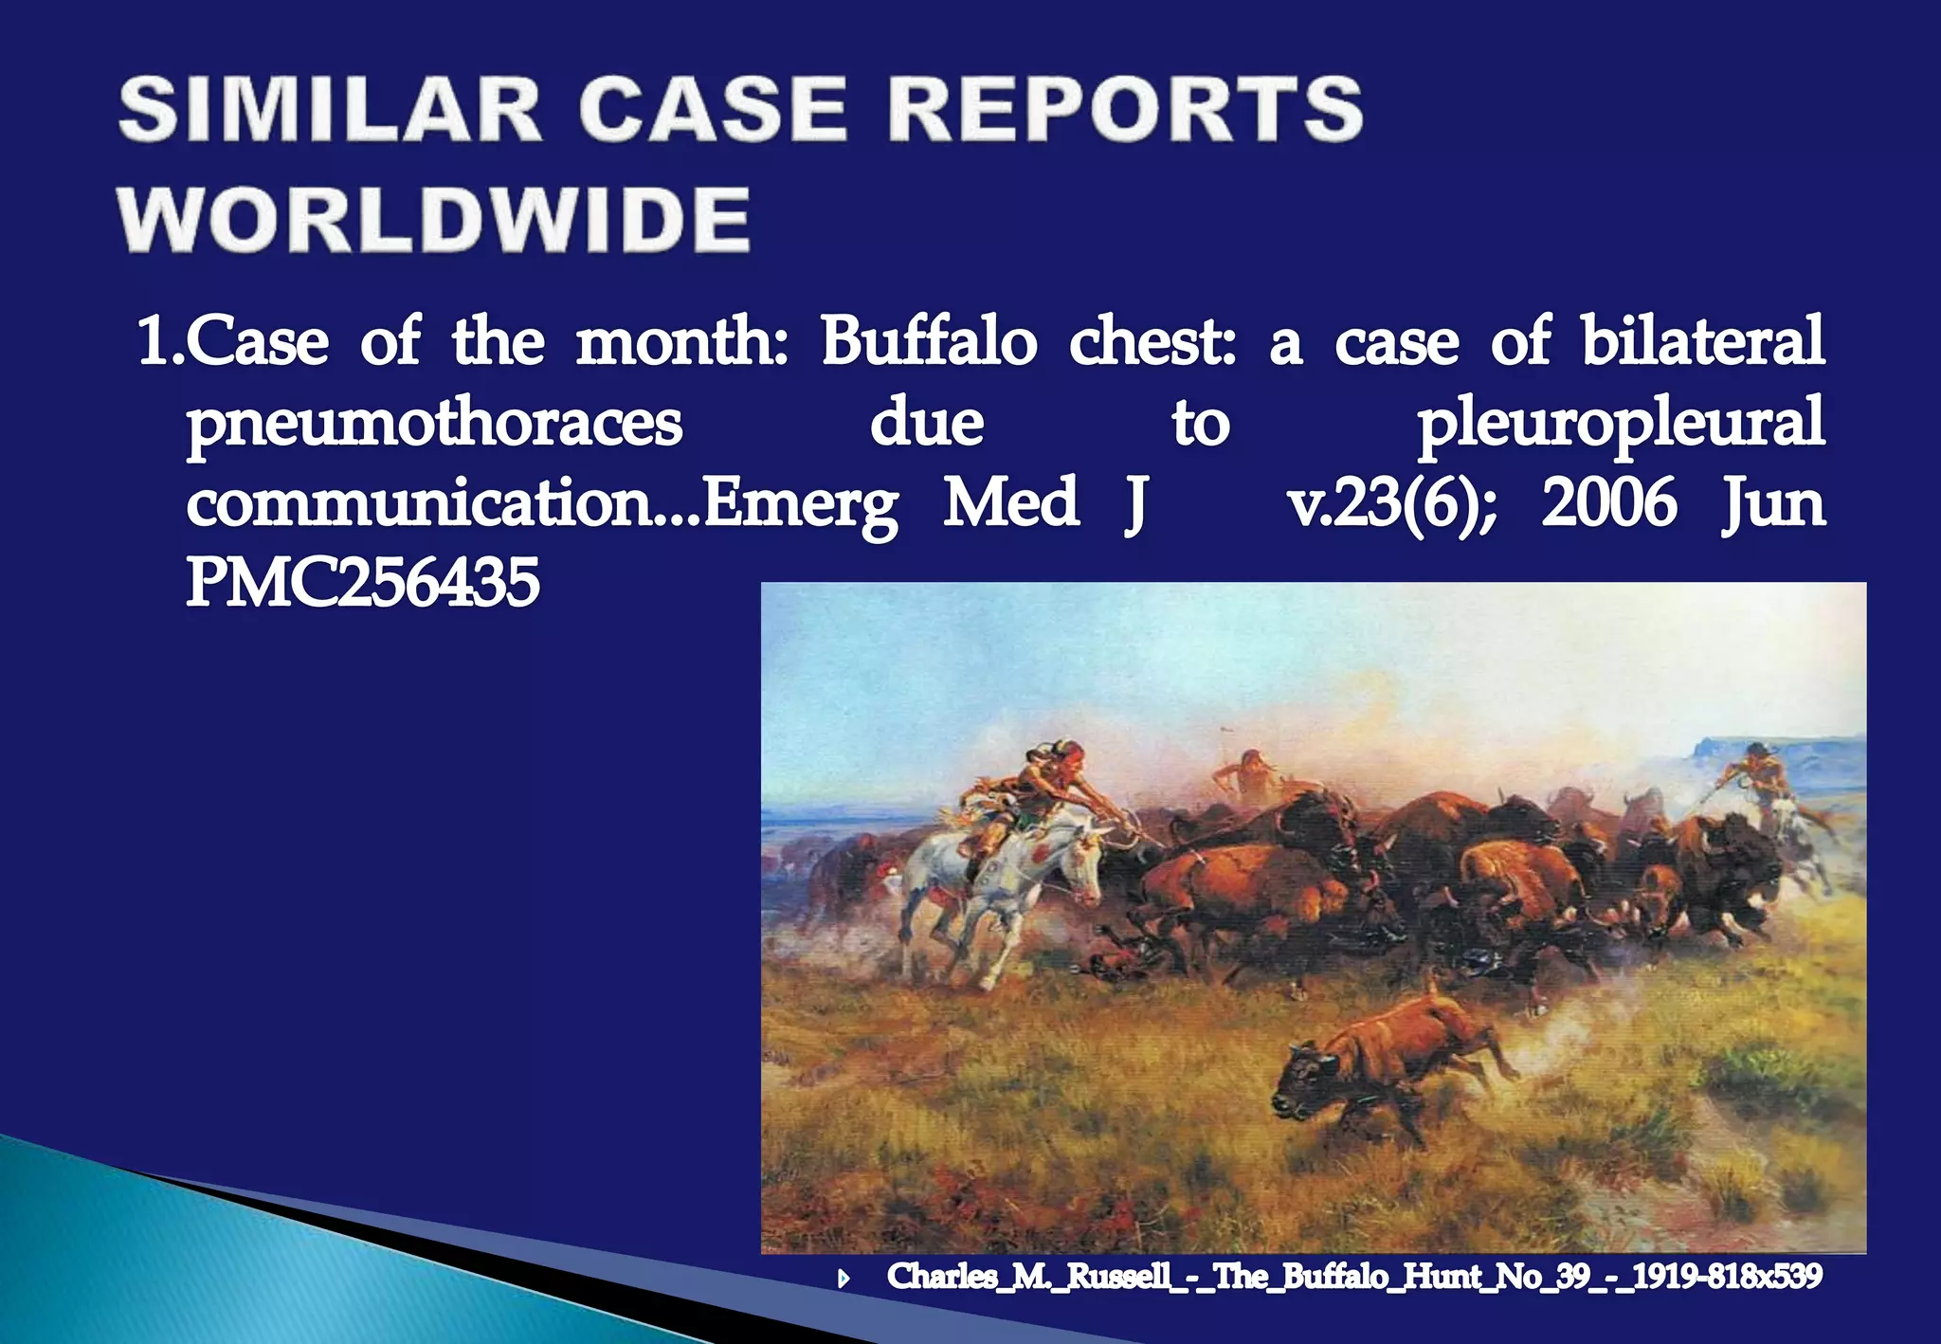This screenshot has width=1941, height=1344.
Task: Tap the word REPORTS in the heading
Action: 1125,110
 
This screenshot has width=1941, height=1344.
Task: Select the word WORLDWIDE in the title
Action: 435,219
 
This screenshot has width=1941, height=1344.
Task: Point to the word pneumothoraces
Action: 434,423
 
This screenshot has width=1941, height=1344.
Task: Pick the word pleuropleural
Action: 1620,423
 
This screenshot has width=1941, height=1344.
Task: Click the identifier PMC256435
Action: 362,582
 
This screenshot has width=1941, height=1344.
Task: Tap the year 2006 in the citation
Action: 1608,502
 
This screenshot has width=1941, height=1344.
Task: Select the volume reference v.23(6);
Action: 1391,502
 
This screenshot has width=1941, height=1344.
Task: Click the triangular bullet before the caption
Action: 844,1280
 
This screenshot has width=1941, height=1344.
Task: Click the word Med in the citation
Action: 1010,502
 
